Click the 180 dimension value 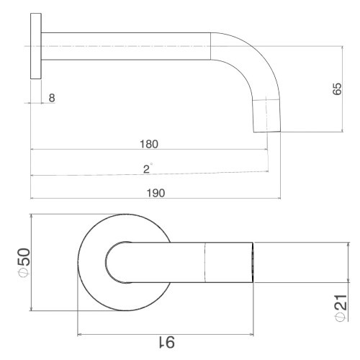click(149, 144)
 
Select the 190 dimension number click(156, 193)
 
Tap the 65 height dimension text click(337, 89)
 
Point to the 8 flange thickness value click(52, 98)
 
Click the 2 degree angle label click(148, 168)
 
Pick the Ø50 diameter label click(24, 263)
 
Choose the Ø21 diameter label click(341, 308)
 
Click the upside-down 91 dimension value click(167, 343)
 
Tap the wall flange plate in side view click(36, 46)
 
